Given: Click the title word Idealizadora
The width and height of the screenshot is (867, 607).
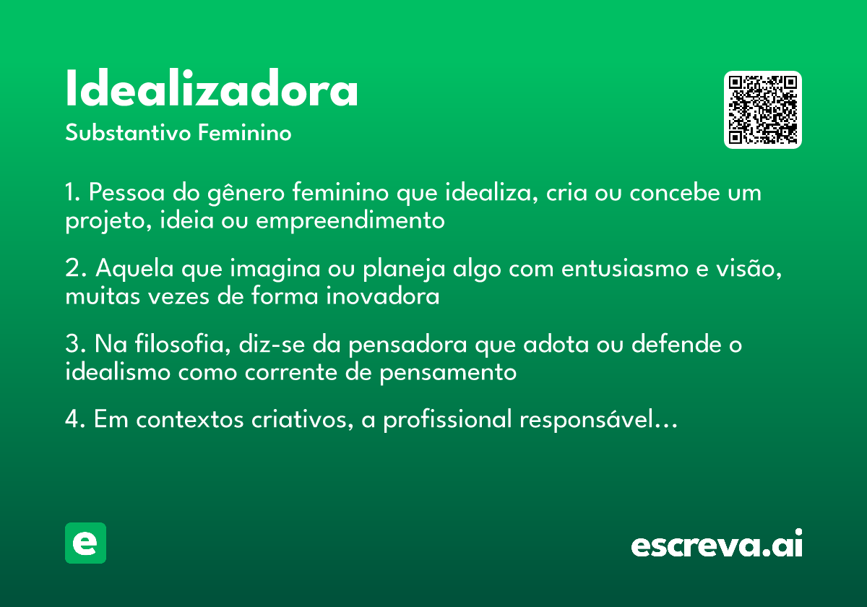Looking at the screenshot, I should coord(212,89).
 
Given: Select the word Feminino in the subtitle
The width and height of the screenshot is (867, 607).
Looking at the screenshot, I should coord(244,133).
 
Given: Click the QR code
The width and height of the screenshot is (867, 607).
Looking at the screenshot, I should coord(763,110).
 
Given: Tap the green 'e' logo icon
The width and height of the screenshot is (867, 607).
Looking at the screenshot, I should coord(85,543).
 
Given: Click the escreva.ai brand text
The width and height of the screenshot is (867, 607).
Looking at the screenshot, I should coord(717,544).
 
